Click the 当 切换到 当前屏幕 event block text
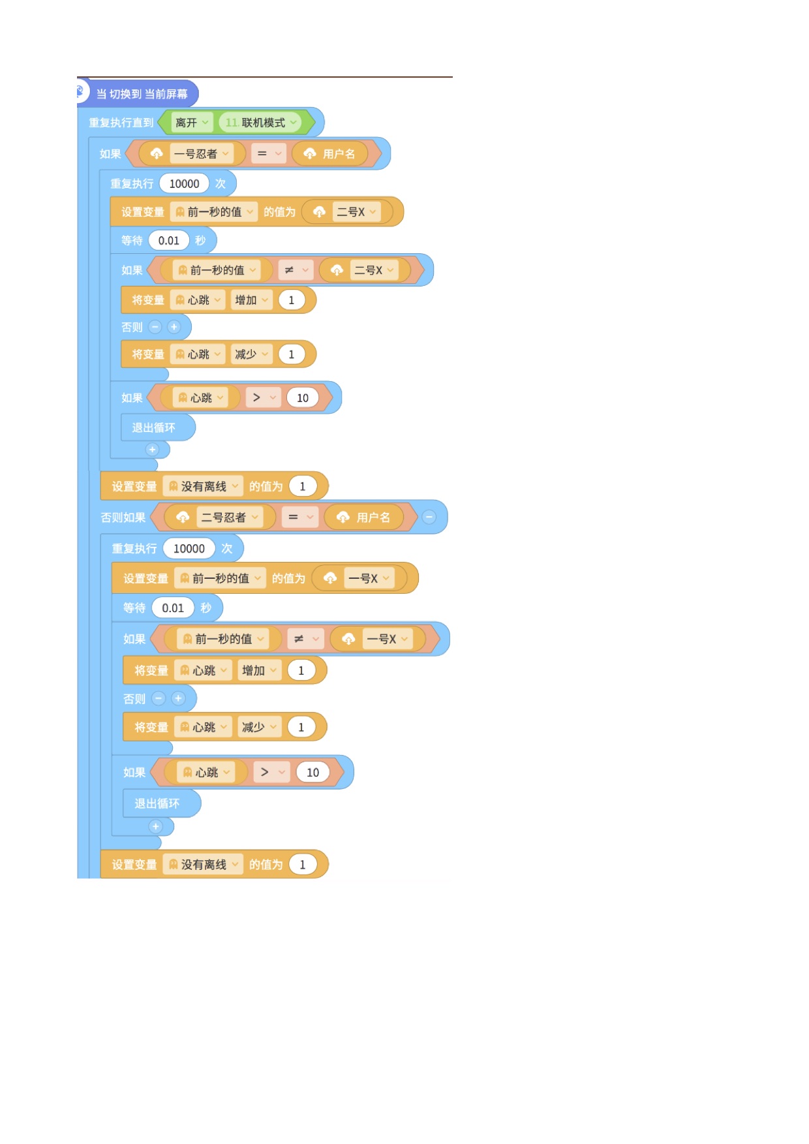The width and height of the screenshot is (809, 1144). coord(142,94)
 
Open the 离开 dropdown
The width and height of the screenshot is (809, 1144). coord(192,123)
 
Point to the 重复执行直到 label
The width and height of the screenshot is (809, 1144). coord(121,123)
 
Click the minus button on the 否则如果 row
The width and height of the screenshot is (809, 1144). coord(429,517)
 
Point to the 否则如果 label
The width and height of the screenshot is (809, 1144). coord(123,518)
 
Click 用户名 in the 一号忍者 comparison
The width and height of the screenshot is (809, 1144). coord(339,154)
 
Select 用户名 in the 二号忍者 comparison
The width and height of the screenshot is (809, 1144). coord(373,518)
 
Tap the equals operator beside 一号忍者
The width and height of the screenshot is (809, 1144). coord(269,154)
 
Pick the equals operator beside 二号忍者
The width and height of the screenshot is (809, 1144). coord(301,518)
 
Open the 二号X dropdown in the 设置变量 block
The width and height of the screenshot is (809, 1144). coord(356,212)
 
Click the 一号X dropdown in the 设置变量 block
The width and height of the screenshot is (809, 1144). coord(370,578)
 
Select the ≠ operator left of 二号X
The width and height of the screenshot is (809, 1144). coord(296,270)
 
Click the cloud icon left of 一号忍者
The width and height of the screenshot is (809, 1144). coord(157,154)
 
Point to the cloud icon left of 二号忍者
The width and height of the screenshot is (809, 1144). coord(183,518)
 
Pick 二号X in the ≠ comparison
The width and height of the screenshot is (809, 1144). coord(374,270)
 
